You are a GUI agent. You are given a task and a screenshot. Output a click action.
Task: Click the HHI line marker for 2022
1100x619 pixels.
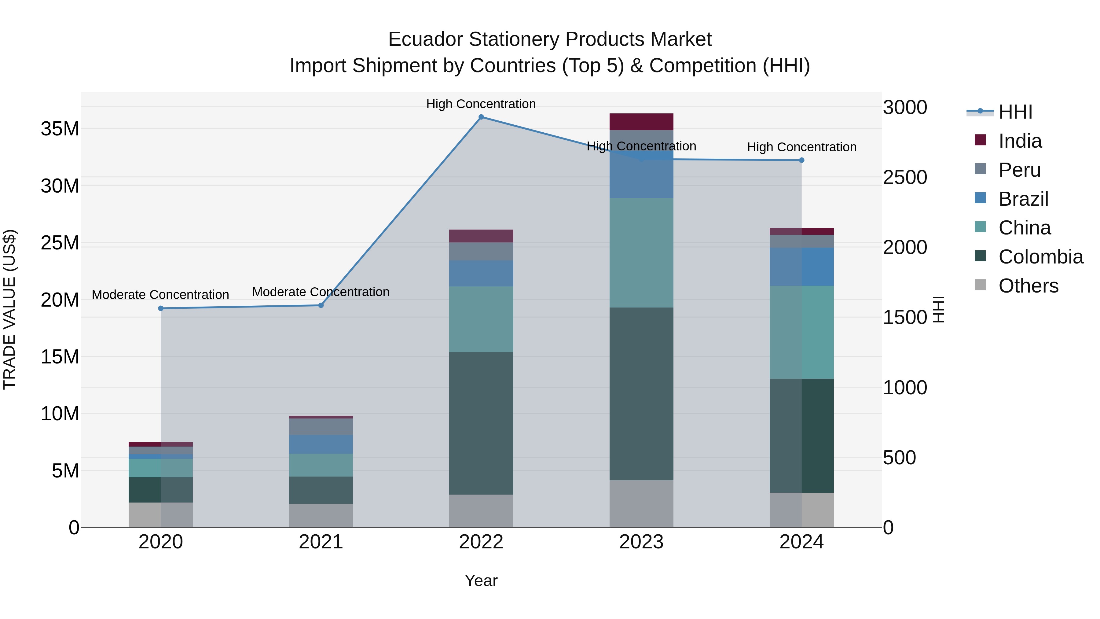(x=481, y=117)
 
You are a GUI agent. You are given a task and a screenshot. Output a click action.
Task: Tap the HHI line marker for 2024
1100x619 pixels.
(x=801, y=160)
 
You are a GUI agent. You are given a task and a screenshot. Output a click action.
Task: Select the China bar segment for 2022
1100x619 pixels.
(x=481, y=319)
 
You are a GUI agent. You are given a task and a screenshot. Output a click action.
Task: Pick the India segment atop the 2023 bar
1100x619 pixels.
(x=641, y=122)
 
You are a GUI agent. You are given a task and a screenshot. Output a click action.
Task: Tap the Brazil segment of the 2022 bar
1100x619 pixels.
(x=481, y=273)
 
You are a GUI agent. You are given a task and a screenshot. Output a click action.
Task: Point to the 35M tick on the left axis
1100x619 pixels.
(x=60, y=129)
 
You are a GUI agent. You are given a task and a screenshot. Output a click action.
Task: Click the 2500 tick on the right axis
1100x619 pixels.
(x=905, y=177)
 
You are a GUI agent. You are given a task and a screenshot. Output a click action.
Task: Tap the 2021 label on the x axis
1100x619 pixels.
(x=321, y=542)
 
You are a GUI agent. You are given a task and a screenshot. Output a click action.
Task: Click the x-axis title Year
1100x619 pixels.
(x=481, y=580)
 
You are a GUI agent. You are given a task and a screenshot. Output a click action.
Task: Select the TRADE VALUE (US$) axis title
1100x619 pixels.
(x=9, y=309)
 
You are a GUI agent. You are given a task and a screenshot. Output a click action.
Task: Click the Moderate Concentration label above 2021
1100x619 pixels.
(x=321, y=292)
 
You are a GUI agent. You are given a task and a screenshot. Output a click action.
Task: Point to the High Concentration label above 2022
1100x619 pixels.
(x=481, y=104)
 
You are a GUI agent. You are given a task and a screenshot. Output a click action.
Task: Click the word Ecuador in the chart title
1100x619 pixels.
(x=425, y=39)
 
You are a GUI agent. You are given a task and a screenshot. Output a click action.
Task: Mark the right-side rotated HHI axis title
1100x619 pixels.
(x=938, y=309)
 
